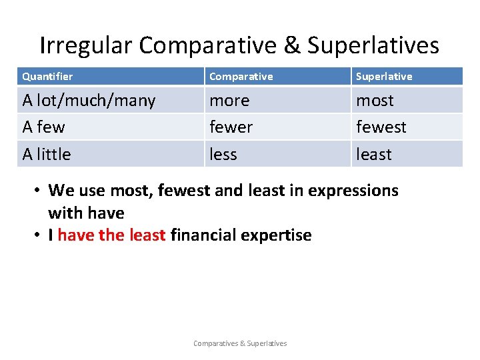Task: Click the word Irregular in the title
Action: [86, 45]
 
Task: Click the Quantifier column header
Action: [47, 77]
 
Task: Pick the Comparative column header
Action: [241, 77]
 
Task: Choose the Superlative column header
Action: [384, 77]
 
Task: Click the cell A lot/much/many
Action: [89, 101]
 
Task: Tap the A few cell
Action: [44, 127]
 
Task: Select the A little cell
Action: [47, 154]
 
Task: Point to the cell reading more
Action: [229, 101]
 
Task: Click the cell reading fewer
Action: [231, 127]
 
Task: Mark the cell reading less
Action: [223, 154]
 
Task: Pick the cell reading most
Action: [375, 101]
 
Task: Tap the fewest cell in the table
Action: [381, 127]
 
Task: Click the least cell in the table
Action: [373, 154]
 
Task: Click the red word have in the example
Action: [76, 235]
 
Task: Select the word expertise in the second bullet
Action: [276, 235]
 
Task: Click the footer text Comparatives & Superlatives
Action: [240, 343]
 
